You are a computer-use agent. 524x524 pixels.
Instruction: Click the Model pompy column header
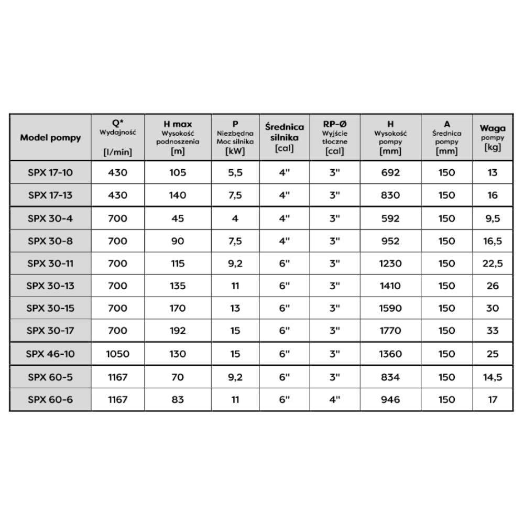(x=50, y=138)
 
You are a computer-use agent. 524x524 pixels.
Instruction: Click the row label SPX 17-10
(x=50, y=173)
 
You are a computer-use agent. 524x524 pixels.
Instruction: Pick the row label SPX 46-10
(x=50, y=354)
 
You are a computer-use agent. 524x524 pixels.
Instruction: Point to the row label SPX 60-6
(x=50, y=400)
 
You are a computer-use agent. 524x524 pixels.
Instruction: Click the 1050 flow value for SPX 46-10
(x=117, y=354)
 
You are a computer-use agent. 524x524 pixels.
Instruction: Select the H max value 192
(x=178, y=331)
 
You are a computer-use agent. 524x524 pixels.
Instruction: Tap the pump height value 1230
(x=390, y=264)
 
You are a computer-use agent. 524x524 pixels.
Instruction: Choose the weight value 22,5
(x=492, y=264)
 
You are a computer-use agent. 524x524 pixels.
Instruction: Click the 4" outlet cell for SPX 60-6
(x=335, y=400)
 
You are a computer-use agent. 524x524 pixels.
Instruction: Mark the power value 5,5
(x=235, y=173)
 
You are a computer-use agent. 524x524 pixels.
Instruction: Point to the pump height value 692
(x=390, y=173)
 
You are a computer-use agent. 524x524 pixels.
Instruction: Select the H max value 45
(x=178, y=219)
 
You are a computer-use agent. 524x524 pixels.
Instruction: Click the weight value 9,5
(x=492, y=219)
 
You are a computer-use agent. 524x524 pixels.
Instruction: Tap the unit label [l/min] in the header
(x=117, y=152)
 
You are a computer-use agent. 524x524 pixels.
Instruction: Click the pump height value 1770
(x=390, y=331)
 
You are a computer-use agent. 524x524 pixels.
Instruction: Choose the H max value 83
(x=178, y=400)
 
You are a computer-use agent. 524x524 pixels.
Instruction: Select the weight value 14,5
(x=492, y=377)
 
